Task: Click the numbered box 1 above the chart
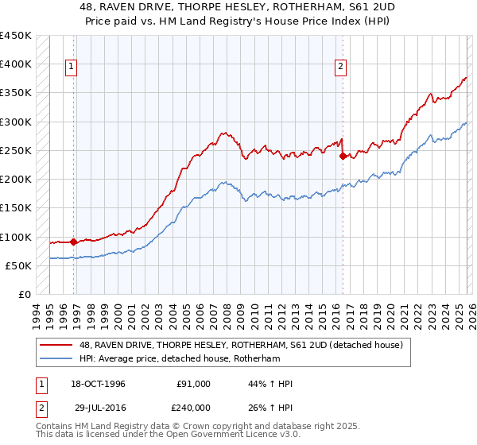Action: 72,68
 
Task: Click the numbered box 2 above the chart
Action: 340,68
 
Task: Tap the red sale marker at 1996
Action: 74,242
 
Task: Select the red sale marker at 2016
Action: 343,156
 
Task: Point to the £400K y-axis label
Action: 16,64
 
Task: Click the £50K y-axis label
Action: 19,265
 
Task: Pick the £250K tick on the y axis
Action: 16,150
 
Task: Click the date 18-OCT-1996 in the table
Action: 98,384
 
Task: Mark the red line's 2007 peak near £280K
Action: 224,133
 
